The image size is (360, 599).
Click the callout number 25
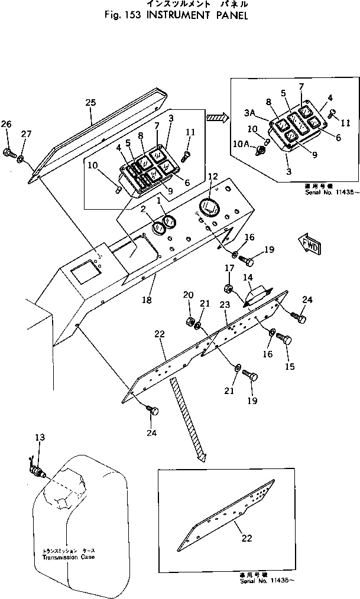click(x=90, y=102)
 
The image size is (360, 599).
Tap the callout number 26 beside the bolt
click(x=6, y=124)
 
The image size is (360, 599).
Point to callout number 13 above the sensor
click(x=39, y=438)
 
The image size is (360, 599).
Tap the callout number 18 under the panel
click(x=147, y=300)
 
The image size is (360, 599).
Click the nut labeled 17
click(x=229, y=289)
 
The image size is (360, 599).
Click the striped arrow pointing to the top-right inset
click(x=217, y=118)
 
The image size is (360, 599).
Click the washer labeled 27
click(x=21, y=159)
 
